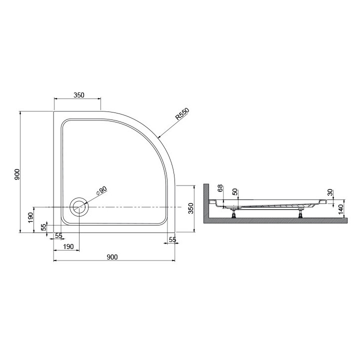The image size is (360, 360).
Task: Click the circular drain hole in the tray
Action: pos(79,206)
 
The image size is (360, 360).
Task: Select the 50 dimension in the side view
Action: pos(234,192)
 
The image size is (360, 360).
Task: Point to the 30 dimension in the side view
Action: pos(330,192)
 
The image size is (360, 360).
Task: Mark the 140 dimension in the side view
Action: pos(341,209)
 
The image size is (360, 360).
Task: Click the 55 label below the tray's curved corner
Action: pos(172,240)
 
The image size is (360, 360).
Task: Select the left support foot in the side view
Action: pos(234,215)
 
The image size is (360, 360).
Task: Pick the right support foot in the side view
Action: pos(300,215)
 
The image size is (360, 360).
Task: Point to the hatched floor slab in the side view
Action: pos(275,220)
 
